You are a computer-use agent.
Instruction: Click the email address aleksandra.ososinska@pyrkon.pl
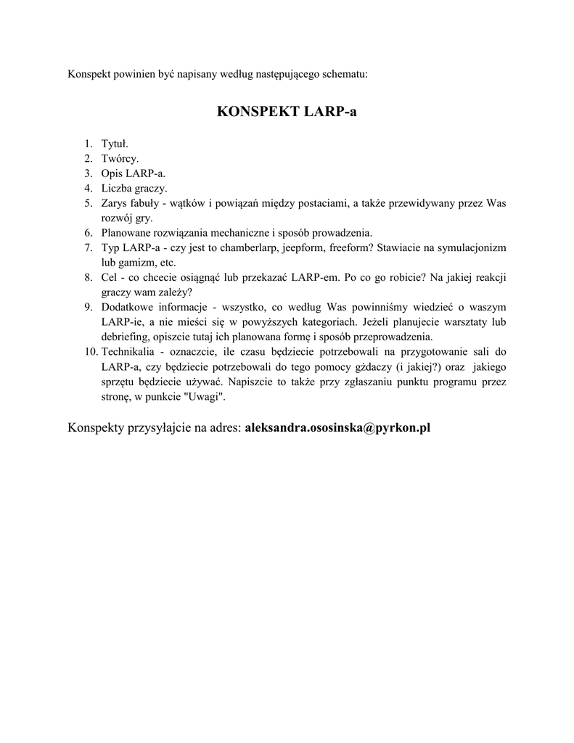[x=337, y=427]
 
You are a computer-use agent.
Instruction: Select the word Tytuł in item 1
[x=115, y=144]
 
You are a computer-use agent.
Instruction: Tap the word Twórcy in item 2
[x=120, y=158]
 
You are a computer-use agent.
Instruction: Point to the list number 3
[x=87, y=173]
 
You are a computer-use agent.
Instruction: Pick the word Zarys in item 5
[x=115, y=203]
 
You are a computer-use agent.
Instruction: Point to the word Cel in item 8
[x=110, y=277]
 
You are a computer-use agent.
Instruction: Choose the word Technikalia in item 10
[x=128, y=352]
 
